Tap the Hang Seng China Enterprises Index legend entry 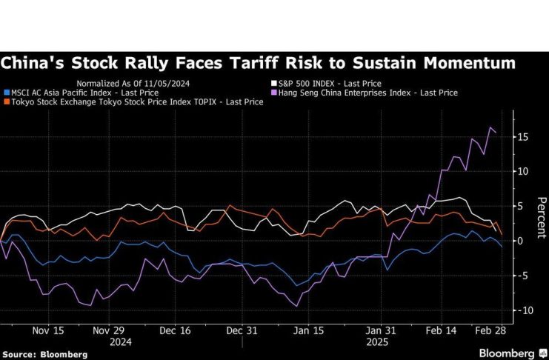pos(367,93)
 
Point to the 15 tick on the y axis pos(523,136)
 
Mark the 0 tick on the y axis pos(521,241)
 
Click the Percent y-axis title pos(542,218)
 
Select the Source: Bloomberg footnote pos(44,355)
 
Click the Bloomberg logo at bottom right pos(508,353)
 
